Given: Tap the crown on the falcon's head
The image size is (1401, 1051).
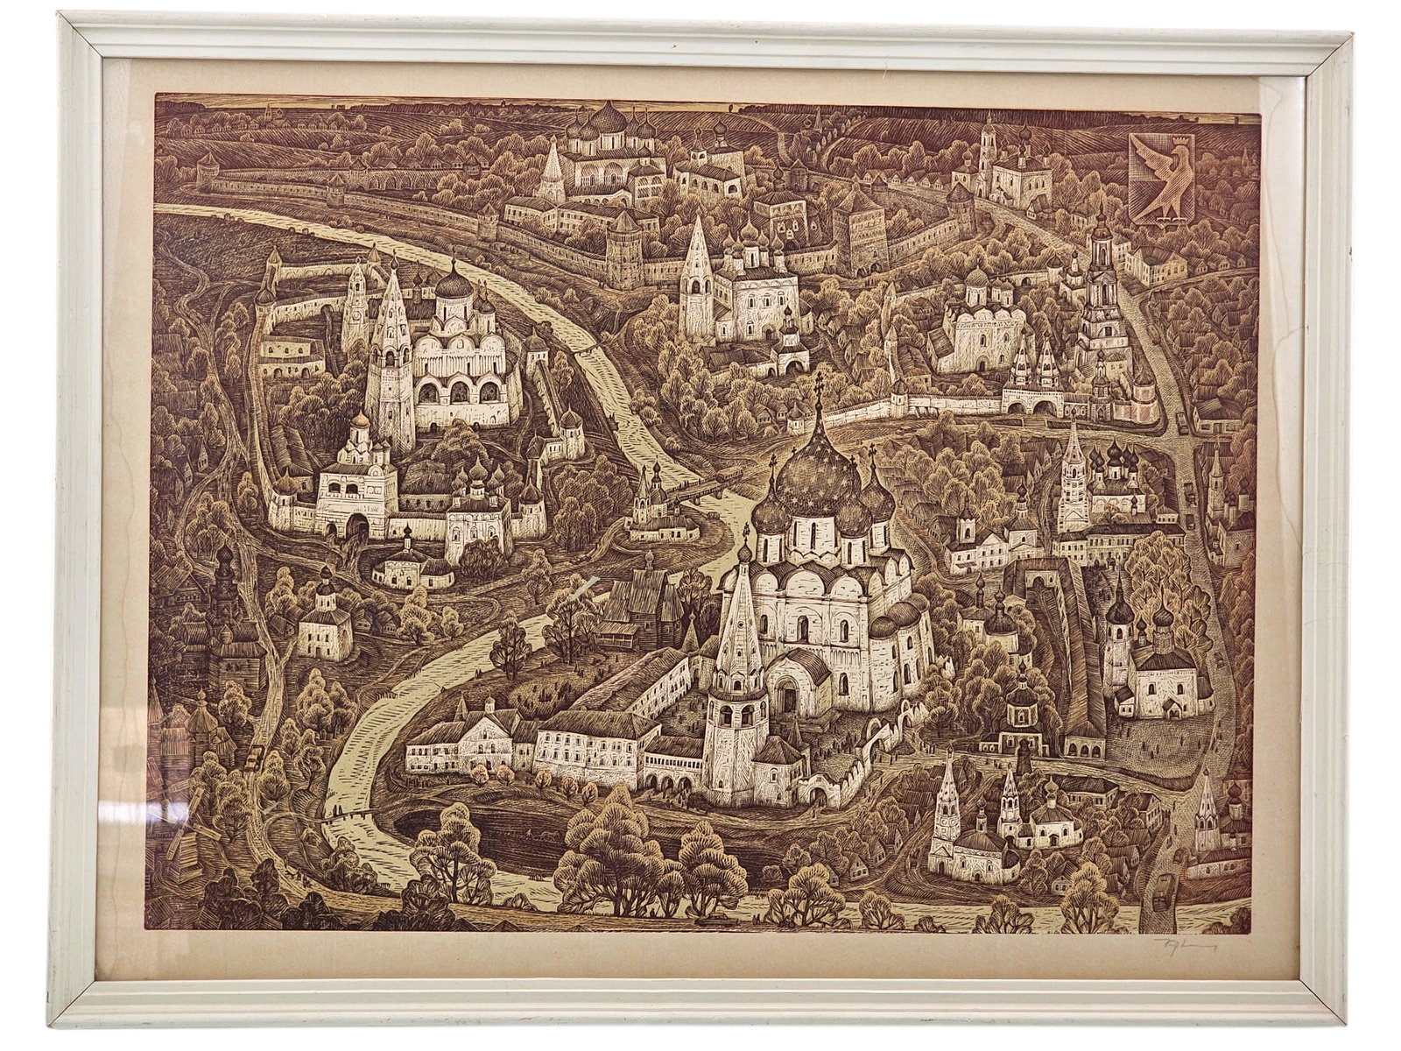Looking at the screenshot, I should point(1167,141).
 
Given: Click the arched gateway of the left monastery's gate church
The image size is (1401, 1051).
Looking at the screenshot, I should point(356,525).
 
